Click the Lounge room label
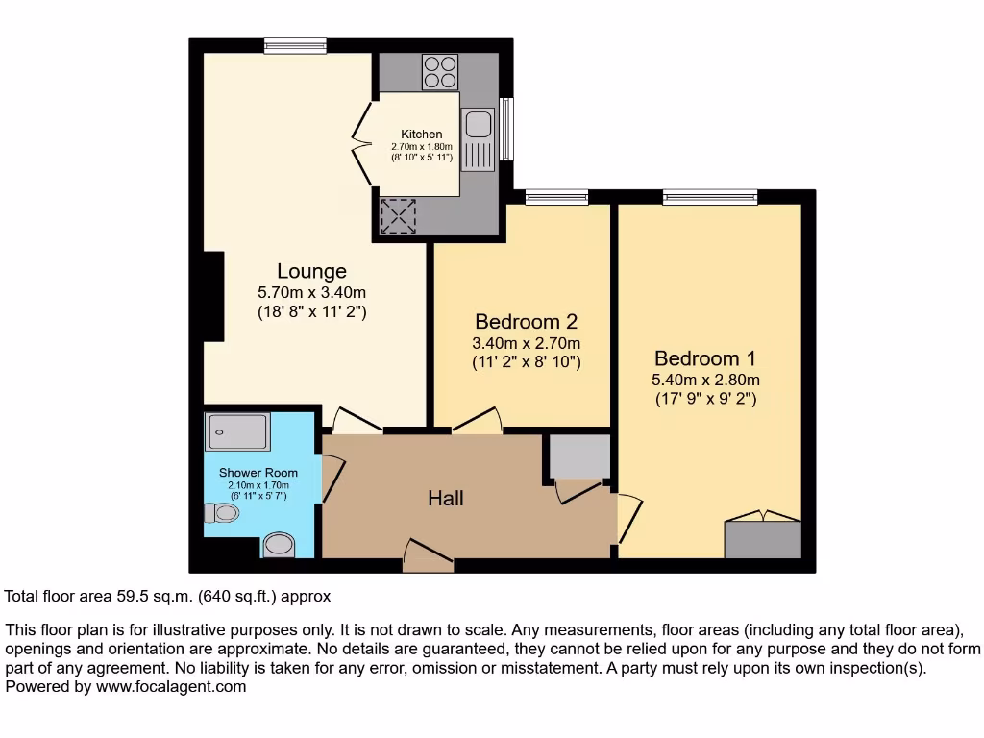pos(311,272)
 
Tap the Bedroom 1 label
pos(705,358)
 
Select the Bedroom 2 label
pos(526,322)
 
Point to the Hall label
pos(446,498)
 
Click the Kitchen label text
pos(421,135)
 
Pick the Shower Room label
pos(258,473)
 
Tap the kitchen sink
pos(477,125)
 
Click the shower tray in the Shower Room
pos(236,432)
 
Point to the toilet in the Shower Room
pos(221,513)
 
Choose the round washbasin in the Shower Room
pos(279,545)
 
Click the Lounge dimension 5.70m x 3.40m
pos(311,293)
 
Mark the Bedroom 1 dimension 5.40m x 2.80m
pos(705,380)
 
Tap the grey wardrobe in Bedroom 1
pos(762,539)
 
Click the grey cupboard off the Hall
pos(578,456)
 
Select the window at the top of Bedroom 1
pos(709,197)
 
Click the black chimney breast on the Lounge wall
pos(213,296)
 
